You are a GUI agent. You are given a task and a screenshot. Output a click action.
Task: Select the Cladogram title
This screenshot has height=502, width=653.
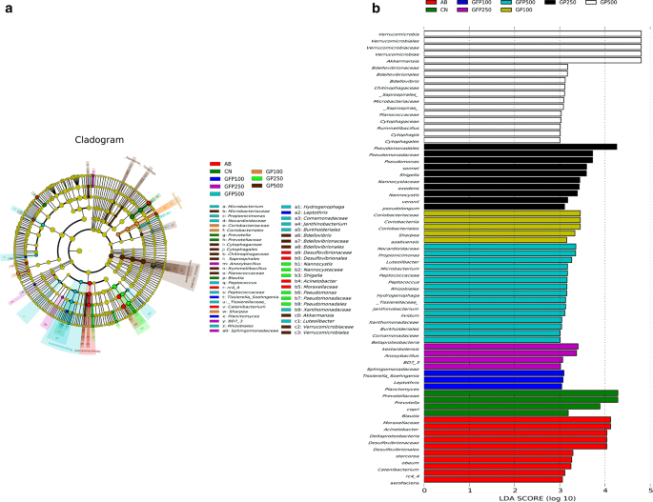99,139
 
